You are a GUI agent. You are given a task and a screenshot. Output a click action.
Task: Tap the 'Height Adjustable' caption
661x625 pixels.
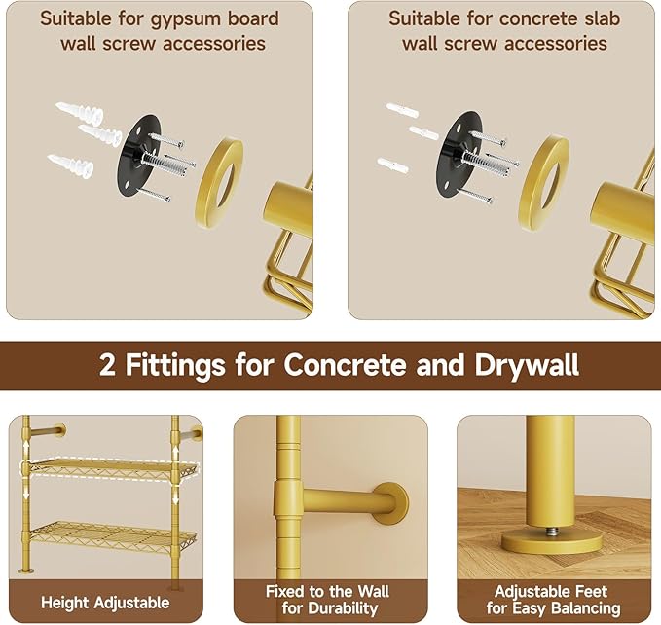[x=106, y=601]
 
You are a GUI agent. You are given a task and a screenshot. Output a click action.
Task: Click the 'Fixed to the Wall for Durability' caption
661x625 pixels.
[x=327, y=600]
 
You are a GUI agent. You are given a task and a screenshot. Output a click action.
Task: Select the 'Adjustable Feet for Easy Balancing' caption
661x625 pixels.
[x=550, y=600]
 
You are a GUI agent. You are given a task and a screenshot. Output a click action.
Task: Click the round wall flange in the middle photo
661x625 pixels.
[x=390, y=503]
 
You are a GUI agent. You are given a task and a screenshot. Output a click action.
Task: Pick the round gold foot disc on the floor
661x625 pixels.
[x=550, y=541]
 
